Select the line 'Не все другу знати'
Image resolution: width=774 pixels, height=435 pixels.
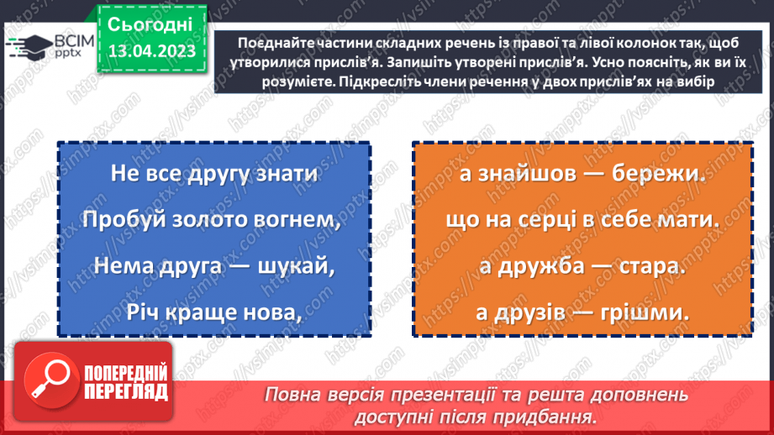[x=213, y=175]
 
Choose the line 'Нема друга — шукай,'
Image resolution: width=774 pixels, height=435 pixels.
[x=213, y=268]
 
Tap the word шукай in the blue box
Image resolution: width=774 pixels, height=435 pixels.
[x=288, y=268]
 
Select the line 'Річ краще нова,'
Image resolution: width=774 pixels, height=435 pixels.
[x=213, y=312]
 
